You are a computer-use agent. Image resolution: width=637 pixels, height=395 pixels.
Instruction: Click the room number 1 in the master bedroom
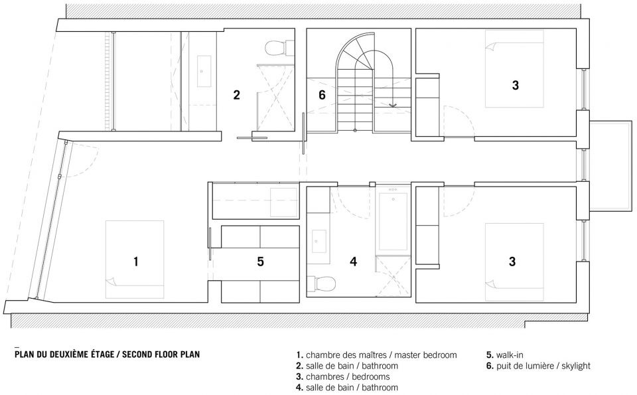pyautogui.click(x=135, y=262)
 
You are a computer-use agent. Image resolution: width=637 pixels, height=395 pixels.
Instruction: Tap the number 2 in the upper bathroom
pyautogui.click(x=236, y=95)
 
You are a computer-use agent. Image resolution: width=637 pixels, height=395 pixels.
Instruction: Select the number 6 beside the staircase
pyautogui.click(x=322, y=95)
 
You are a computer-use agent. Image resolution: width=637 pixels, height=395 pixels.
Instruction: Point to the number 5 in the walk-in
pyautogui.click(x=260, y=262)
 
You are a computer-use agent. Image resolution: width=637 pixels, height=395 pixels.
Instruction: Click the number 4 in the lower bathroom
pyautogui.click(x=354, y=262)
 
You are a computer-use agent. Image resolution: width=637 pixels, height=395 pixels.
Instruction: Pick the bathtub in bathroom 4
pyautogui.click(x=393, y=222)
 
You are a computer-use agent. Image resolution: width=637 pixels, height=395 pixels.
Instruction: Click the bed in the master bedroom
pyautogui.click(x=135, y=260)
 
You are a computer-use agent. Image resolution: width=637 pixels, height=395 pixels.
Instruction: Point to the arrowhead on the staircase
pyautogui.click(x=392, y=105)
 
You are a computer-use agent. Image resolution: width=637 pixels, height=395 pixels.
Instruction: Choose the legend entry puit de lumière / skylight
pyautogui.click(x=538, y=366)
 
